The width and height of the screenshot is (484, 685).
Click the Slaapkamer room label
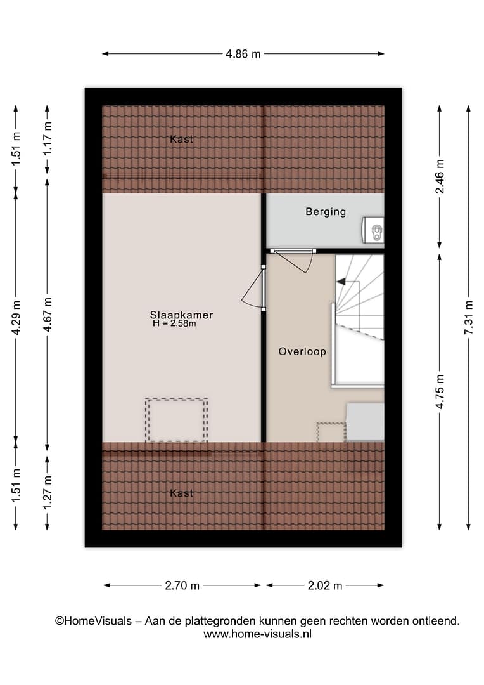[181, 315]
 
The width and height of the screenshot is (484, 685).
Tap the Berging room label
[326, 212]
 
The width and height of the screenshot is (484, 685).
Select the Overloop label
[302, 351]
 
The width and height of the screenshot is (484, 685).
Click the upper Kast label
[181, 139]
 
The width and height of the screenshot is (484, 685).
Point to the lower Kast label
[181, 493]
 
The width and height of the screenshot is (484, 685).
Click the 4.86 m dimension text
[243, 54]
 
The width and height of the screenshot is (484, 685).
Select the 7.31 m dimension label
[469, 318]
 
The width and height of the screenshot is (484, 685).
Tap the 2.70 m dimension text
[182, 585]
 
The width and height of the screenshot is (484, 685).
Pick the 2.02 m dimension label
[325, 585]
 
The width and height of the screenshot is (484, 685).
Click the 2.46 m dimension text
[440, 176]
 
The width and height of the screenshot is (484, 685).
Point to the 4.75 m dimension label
[440, 392]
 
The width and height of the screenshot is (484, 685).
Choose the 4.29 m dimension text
[16, 318]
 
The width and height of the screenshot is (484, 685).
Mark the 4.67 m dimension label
[48, 315]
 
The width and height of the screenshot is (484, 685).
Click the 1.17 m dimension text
[48, 138]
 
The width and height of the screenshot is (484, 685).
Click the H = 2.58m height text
[174, 323]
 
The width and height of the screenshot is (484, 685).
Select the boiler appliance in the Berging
[373, 230]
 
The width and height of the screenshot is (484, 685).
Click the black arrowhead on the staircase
[341, 282]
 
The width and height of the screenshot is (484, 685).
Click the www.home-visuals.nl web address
[257, 634]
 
